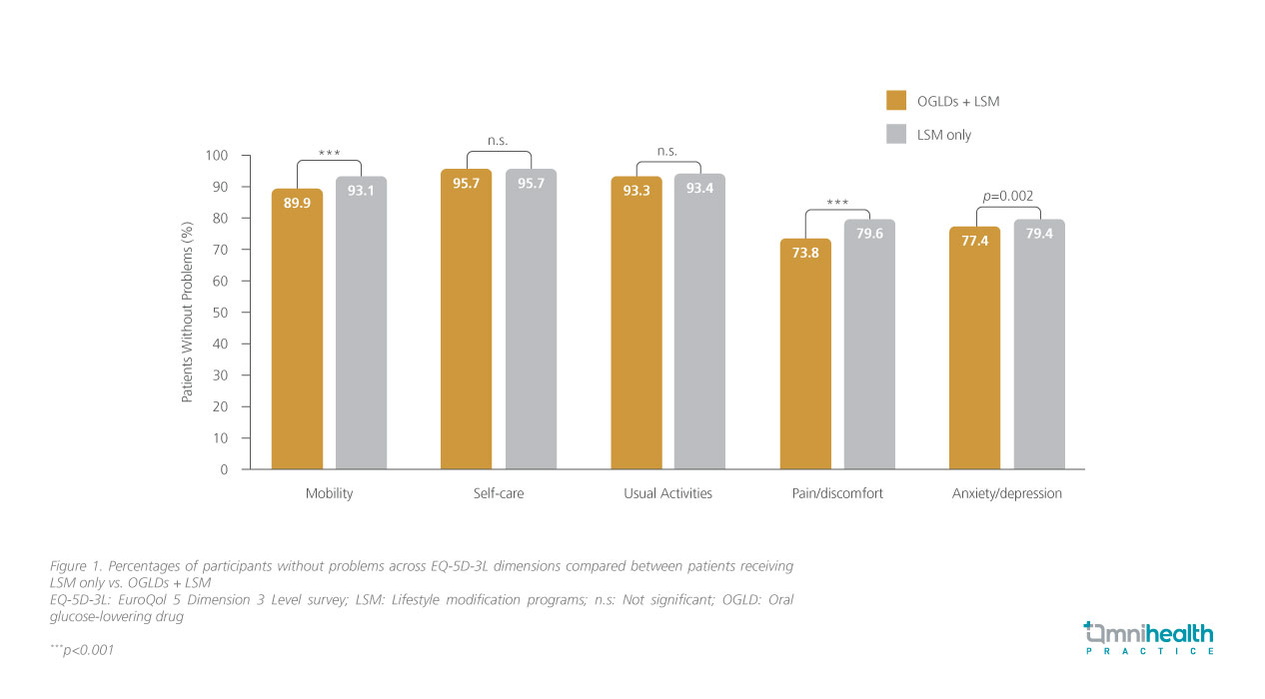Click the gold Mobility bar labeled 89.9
click(x=297, y=330)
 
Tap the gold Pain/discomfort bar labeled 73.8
click(x=805, y=354)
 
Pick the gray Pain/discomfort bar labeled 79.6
click(x=869, y=345)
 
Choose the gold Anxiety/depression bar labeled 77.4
click(x=974, y=349)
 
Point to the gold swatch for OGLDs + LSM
click(x=895, y=100)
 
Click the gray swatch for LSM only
click(x=895, y=134)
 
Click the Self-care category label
click(x=499, y=494)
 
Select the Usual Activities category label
click(x=667, y=494)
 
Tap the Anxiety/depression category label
click(x=1006, y=494)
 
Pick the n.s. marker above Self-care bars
click(x=499, y=141)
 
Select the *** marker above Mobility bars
click(x=330, y=153)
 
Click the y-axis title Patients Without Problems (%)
click(x=187, y=313)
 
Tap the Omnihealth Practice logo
click(x=1149, y=637)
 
